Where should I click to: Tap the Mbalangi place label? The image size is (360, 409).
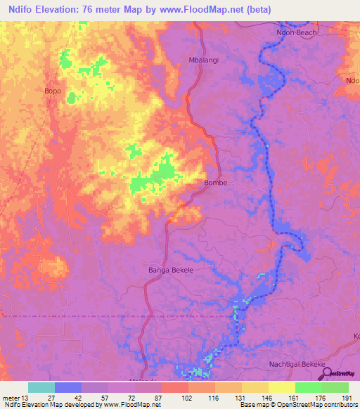point(204,60)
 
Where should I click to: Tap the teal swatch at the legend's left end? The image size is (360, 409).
point(41,387)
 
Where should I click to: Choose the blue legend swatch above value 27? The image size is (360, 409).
point(68,387)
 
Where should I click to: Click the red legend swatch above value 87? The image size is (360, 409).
point(175,387)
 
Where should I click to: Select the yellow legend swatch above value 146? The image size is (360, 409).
point(255,387)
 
